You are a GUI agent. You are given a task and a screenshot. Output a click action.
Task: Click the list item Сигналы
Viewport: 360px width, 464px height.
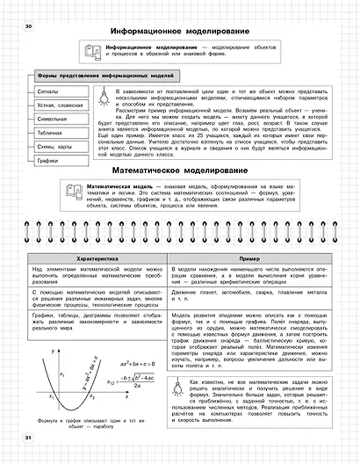coord(47,91)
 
